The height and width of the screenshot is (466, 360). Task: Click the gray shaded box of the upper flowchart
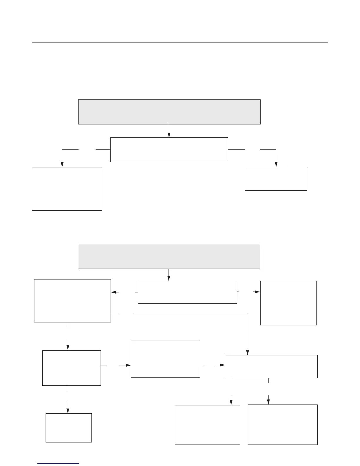click(169, 112)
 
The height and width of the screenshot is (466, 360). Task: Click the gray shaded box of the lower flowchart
click(169, 256)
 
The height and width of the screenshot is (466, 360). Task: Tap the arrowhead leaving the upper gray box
click(169, 135)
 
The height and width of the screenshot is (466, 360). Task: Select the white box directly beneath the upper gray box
click(169, 149)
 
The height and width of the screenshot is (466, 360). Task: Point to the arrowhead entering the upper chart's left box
click(62, 165)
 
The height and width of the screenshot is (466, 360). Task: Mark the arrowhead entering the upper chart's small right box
click(276, 165)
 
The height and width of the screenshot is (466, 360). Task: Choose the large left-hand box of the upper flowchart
click(67, 189)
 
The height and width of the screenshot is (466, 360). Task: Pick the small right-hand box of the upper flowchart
click(276, 179)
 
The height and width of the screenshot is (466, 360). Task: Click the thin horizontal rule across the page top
click(180, 42)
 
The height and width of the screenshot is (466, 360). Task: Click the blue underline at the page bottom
click(58, 464)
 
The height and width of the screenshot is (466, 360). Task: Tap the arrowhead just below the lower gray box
click(169, 278)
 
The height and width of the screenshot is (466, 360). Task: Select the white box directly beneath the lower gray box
click(187, 292)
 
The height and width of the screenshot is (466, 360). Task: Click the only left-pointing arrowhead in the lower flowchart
click(114, 292)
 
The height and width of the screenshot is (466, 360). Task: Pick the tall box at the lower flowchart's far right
click(288, 303)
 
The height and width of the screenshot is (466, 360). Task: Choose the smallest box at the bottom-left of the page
click(69, 427)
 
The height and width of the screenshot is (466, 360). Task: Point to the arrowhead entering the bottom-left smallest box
click(68, 411)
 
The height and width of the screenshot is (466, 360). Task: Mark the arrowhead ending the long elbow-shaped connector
click(248, 353)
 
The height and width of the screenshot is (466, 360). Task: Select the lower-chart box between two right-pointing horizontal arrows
click(165, 359)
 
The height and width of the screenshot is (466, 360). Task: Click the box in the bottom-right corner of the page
click(282, 424)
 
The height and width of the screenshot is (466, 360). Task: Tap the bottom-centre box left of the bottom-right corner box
click(207, 425)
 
